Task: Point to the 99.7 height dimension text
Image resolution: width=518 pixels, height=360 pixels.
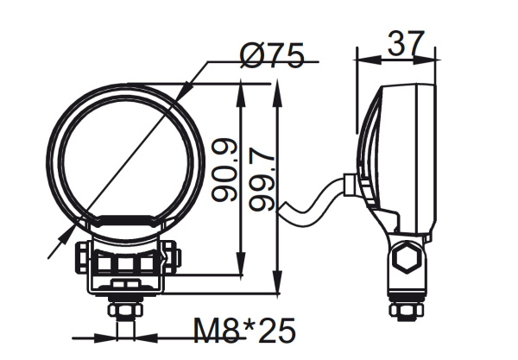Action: (262, 178)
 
